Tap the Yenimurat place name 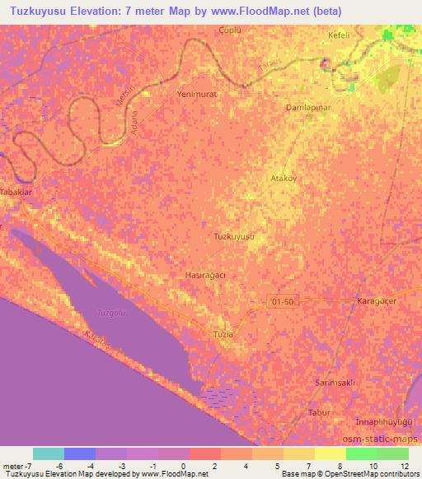click(197, 95)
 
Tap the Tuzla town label click(223, 334)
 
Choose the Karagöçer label click(378, 301)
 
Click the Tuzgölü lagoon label click(110, 314)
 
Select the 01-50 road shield click(281, 302)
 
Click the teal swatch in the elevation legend click(49, 453)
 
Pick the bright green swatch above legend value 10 click(361, 453)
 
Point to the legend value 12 click(403, 466)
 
